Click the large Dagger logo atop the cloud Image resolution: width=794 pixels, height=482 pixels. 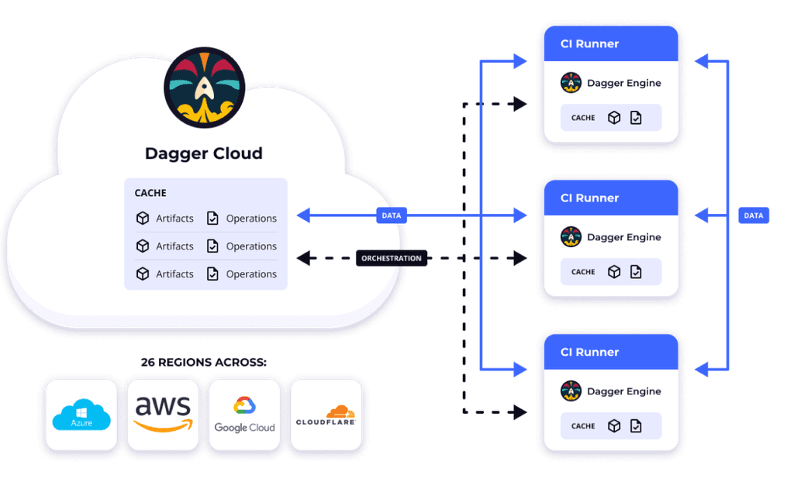tap(205, 88)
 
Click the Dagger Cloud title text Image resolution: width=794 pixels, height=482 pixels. tap(204, 153)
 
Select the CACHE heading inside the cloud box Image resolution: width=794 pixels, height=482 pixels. tap(150, 193)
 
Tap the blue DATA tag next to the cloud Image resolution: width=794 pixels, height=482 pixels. tap(392, 215)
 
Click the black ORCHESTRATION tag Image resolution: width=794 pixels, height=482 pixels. tap(392, 258)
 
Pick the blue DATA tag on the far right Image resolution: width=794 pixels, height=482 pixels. tap(754, 216)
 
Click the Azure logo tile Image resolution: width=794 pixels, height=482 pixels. tap(81, 415)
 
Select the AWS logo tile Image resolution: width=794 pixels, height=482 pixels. tap(163, 415)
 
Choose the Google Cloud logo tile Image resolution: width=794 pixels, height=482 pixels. tap(244, 415)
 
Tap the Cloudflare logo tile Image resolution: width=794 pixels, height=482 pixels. tap(326, 415)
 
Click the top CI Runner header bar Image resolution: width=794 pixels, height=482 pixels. tap(610, 44)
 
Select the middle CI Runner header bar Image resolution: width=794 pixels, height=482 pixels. tap(610, 198)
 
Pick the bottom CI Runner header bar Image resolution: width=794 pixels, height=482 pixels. tap(610, 352)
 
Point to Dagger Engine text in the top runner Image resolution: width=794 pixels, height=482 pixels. tap(623, 83)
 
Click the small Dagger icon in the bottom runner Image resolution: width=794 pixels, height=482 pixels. tap(571, 391)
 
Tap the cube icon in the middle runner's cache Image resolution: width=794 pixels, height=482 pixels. tap(614, 272)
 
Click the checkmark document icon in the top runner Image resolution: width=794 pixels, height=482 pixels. tap(636, 118)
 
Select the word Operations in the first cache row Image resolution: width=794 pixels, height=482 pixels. tap(251, 219)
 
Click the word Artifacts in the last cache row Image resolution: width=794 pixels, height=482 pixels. tap(174, 274)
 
